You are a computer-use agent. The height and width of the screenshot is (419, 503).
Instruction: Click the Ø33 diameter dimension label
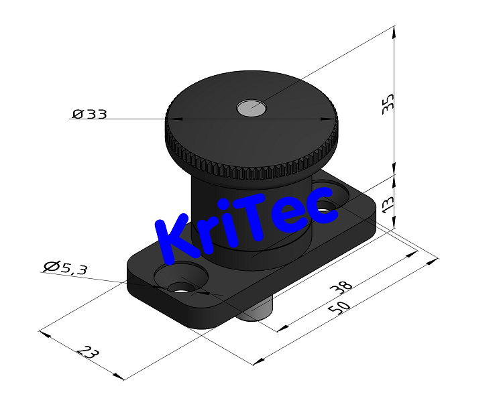[90, 114]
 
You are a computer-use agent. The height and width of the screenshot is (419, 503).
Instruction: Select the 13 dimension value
[387, 202]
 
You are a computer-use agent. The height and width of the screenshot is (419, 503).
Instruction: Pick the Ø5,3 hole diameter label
[65, 267]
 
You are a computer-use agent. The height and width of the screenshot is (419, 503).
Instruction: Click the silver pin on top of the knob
[250, 107]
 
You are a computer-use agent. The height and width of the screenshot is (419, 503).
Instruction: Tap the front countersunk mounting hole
[180, 286]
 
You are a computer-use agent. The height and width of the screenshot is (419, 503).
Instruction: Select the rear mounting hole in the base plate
[327, 207]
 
